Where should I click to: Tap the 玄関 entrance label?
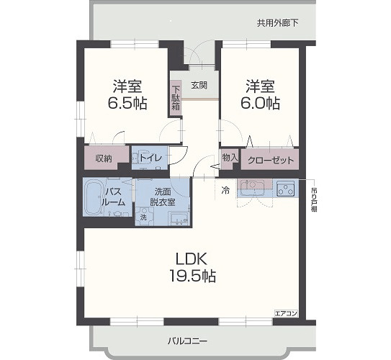point(199,85)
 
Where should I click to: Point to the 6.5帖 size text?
point(129,103)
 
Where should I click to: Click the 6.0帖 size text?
point(261,103)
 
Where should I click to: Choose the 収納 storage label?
point(104,158)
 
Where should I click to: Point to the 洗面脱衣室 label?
point(162,197)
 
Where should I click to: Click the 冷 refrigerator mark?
point(225,190)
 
